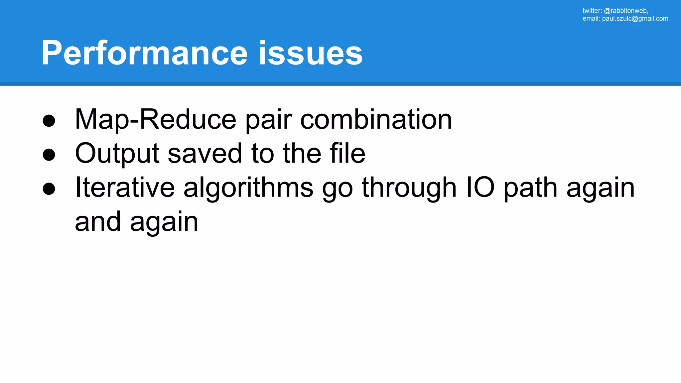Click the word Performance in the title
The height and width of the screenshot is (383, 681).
point(144,53)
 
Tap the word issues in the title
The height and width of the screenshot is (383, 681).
point(311,53)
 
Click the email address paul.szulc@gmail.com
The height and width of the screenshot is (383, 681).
point(635,19)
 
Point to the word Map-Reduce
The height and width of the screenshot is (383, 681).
point(155,120)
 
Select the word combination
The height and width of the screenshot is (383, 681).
point(376,120)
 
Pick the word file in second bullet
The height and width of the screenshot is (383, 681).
point(347,154)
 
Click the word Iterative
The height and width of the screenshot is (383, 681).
point(125,188)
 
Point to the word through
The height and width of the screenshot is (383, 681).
point(409,188)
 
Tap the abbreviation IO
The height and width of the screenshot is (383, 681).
point(480,188)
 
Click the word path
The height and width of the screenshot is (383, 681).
point(531,188)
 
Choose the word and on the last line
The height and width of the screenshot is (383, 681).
point(98,222)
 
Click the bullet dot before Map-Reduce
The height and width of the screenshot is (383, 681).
point(49,121)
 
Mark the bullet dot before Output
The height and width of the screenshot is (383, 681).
point(49,155)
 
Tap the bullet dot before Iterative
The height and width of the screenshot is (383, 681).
point(49,189)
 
